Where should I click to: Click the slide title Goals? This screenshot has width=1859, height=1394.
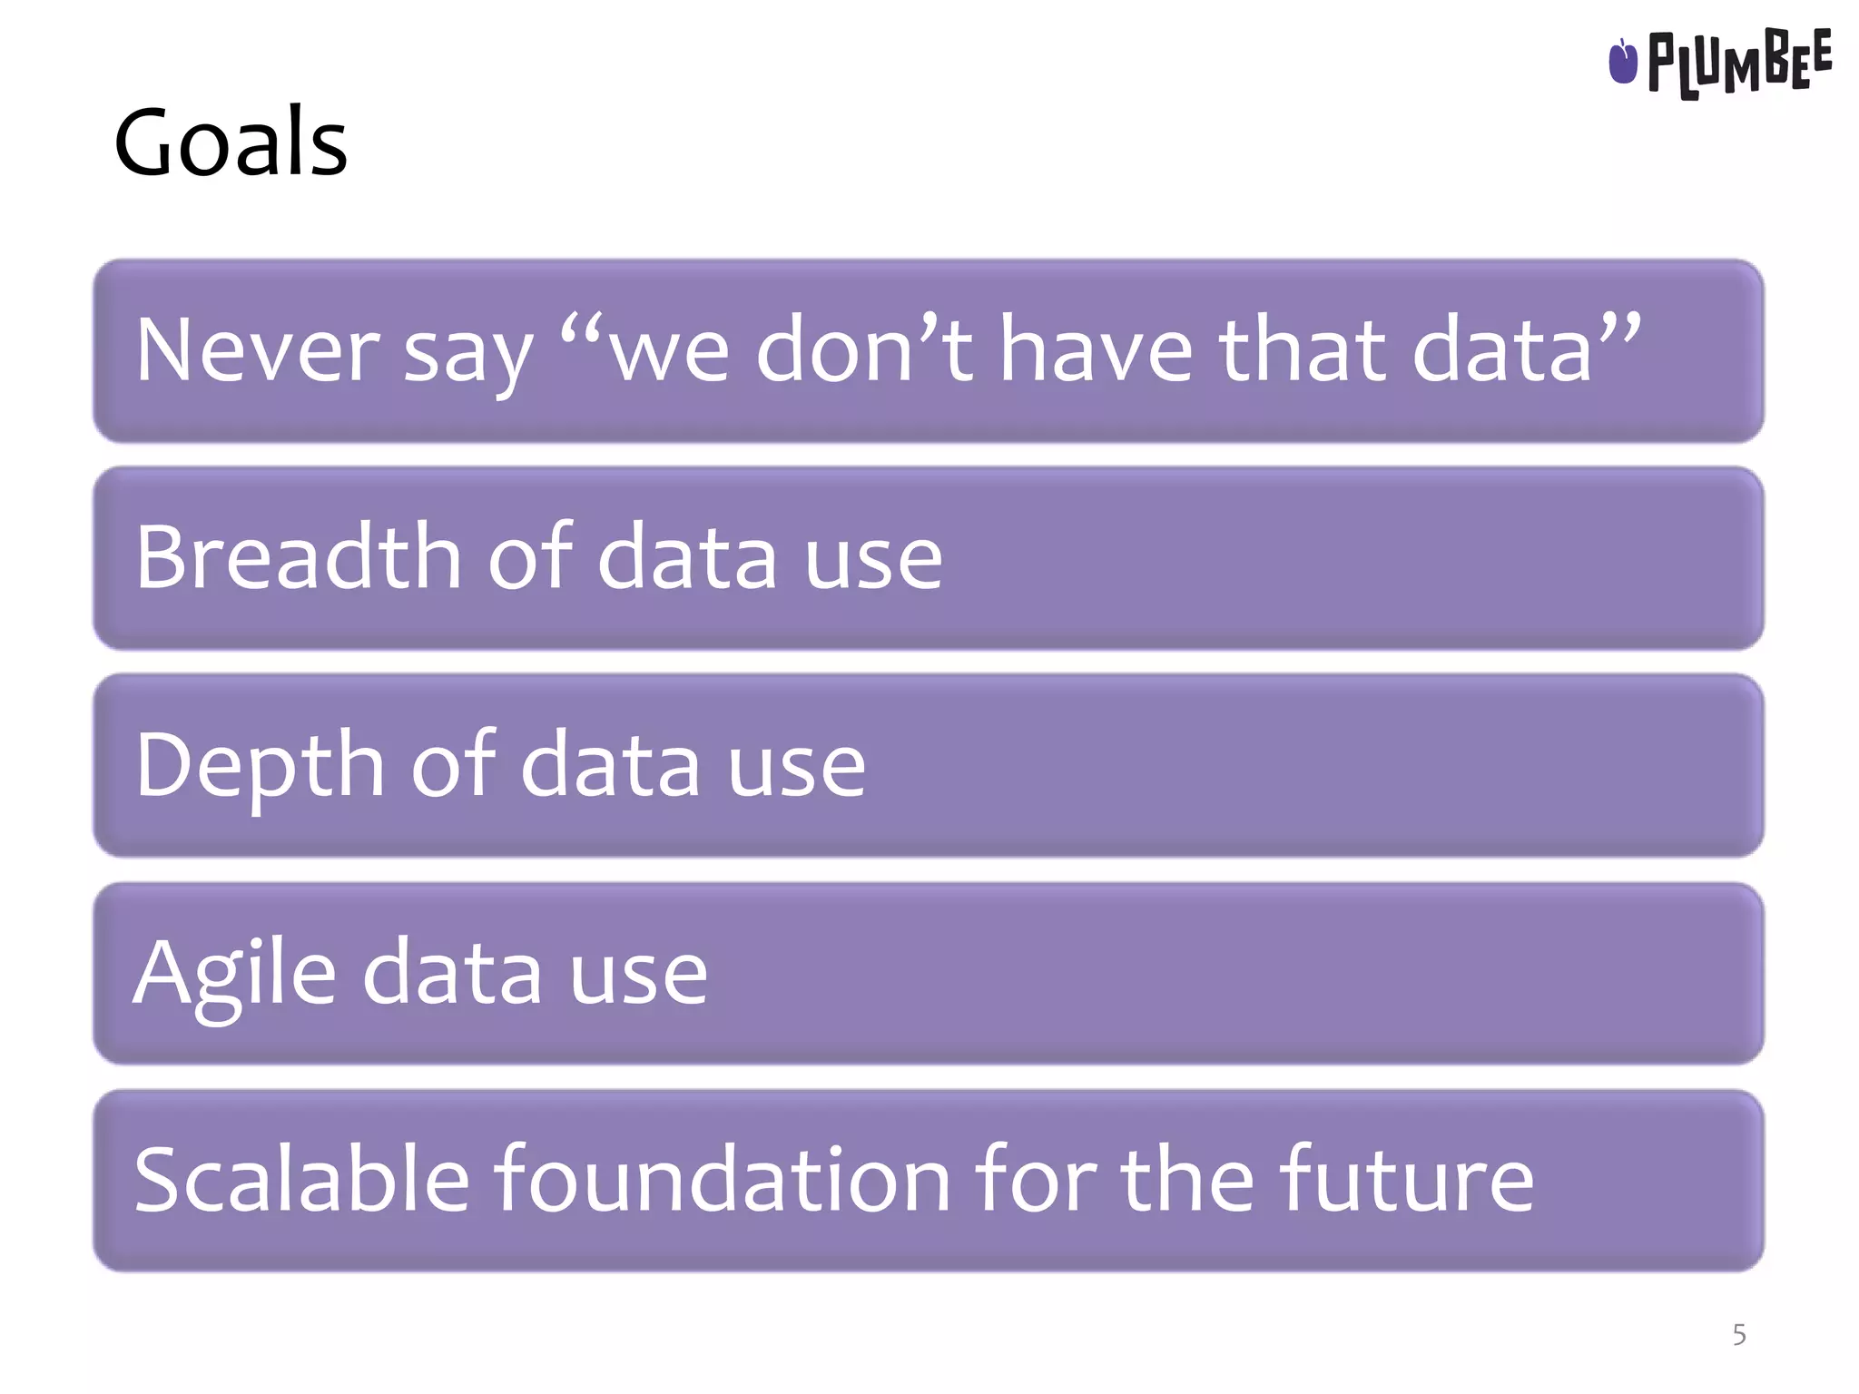coord(231,142)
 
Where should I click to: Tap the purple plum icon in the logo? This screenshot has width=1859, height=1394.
coord(1622,62)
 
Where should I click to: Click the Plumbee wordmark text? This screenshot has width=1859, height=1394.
coord(1739,63)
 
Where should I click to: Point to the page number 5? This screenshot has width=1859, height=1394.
coord(1738,1334)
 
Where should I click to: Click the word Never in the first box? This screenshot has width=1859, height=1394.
coord(257,350)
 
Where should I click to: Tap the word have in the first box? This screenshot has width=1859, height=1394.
coord(1096,350)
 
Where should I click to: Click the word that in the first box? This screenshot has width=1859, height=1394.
coord(1303,350)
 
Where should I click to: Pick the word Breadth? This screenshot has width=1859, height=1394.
coord(299,556)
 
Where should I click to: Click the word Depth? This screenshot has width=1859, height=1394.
coord(260,765)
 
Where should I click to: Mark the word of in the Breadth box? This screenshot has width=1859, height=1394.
coord(530,555)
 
